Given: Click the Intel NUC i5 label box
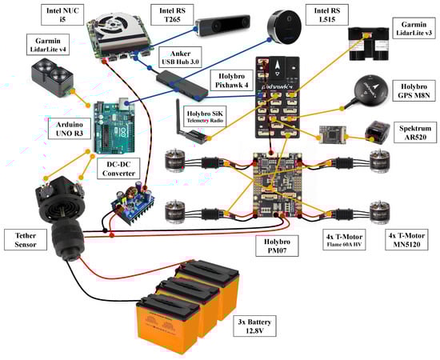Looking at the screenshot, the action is pyautogui.click(x=62, y=15).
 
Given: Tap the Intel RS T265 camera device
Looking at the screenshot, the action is pyautogui.click(x=222, y=26).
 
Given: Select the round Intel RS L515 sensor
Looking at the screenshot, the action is pyautogui.click(x=284, y=27).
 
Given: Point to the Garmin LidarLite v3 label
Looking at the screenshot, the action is pyautogui.click(x=414, y=29).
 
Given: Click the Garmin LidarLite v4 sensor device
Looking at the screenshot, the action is pyautogui.click(x=53, y=77).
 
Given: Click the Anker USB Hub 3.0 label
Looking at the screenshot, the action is pyautogui.click(x=180, y=58).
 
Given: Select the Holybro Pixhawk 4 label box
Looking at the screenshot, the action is pyautogui.click(x=231, y=81).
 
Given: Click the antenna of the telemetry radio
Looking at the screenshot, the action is pyautogui.click(x=178, y=117).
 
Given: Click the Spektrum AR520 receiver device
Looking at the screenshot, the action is pyautogui.click(x=377, y=132).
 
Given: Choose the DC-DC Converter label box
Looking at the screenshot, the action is pyautogui.click(x=118, y=168).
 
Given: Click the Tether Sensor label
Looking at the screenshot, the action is pyautogui.click(x=26, y=240).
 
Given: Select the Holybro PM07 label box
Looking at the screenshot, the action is pyautogui.click(x=277, y=246).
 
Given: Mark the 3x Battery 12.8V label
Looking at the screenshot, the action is pyautogui.click(x=254, y=326).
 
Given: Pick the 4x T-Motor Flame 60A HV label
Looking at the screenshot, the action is pyautogui.click(x=344, y=240).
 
